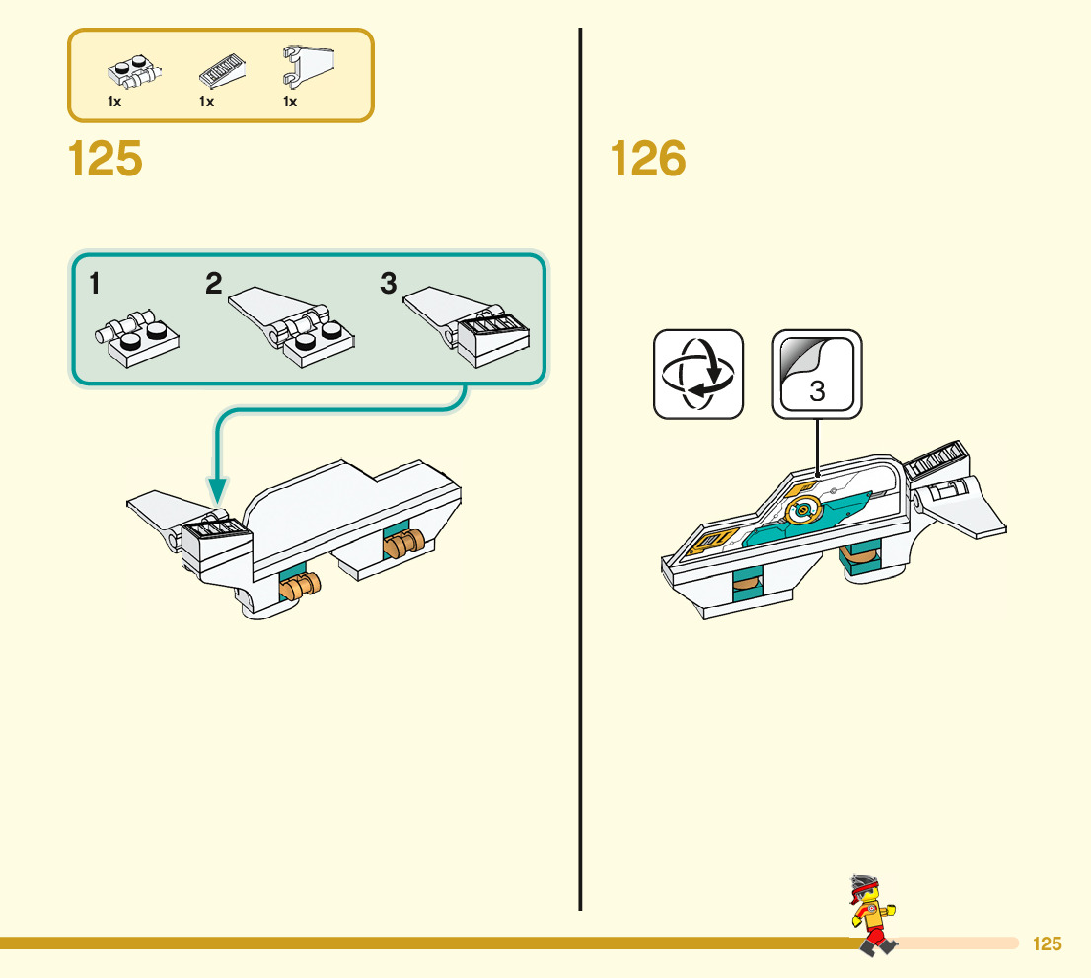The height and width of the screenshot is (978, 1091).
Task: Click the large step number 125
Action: [106, 160]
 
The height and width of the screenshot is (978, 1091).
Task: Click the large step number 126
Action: [648, 160]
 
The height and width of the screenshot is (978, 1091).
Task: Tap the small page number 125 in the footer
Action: [1047, 944]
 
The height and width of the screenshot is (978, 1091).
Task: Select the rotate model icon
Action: [698, 374]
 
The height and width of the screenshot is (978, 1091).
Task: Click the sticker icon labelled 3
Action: [817, 374]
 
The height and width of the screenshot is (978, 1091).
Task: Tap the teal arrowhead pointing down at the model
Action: [218, 490]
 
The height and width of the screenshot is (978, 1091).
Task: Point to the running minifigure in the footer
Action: [871, 914]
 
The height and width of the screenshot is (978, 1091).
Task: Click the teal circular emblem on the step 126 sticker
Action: [804, 510]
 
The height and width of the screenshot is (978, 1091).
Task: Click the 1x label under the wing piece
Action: [290, 103]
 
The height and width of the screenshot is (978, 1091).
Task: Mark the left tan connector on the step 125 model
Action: [302, 588]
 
